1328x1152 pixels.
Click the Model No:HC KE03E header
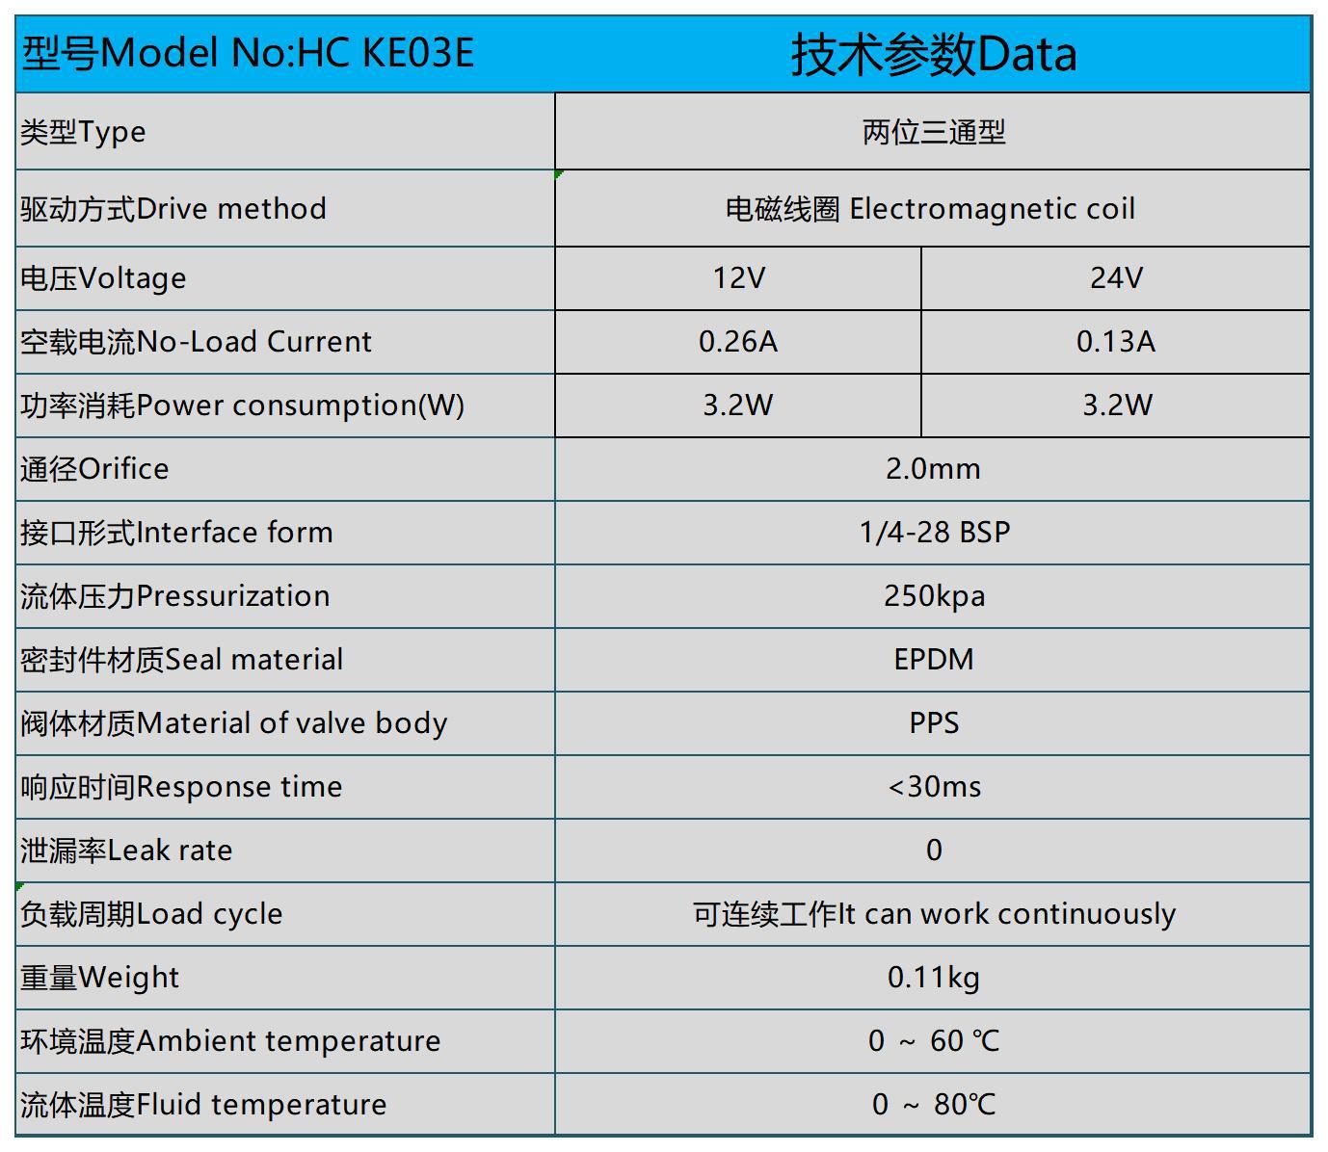tap(248, 53)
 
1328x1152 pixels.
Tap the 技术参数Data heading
tap(933, 54)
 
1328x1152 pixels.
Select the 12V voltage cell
tap(738, 278)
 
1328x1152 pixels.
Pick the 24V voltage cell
tap(1116, 278)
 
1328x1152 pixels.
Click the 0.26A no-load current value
tap(738, 342)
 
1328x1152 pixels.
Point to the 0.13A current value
tap(1116, 342)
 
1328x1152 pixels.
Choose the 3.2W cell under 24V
tap(1116, 406)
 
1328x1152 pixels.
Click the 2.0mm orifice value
tap(933, 469)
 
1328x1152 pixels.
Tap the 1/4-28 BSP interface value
tap(933, 533)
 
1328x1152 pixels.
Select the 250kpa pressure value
tap(933, 596)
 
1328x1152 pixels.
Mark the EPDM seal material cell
tap(933, 660)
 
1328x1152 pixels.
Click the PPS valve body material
tap(933, 723)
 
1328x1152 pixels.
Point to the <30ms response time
tap(933, 787)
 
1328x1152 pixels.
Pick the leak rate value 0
tap(933, 851)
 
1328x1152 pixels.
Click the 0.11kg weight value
tap(933, 978)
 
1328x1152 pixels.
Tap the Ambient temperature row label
tap(230, 1041)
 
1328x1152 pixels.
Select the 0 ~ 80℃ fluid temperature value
tap(933, 1105)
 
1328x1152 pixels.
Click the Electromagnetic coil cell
tap(930, 209)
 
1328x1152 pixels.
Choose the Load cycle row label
tap(151, 914)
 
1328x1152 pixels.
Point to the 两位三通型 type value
tap(933, 132)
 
